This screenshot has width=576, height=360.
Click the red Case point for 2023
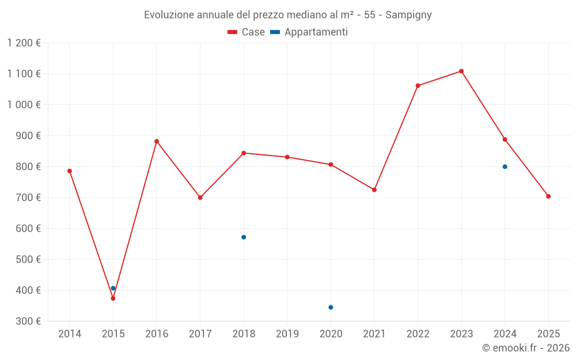click(461, 71)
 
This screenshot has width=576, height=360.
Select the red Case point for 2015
click(113, 298)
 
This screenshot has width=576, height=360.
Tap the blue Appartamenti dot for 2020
click(331, 308)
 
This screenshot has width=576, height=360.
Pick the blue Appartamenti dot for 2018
click(244, 237)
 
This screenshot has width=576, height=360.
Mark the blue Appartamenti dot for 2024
click(505, 166)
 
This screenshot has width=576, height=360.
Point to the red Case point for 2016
click(157, 141)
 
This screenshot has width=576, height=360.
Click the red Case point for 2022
click(418, 86)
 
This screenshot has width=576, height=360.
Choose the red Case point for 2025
click(548, 196)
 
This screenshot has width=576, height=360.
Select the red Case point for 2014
click(70, 171)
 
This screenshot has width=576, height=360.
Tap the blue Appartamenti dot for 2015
click(113, 288)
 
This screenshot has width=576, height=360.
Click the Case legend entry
click(247, 32)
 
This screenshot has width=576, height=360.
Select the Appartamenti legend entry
click(309, 32)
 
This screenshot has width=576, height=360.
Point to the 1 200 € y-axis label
click(24, 43)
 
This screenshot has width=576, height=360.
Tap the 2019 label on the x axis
click(287, 334)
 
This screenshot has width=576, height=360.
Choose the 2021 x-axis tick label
click(374, 334)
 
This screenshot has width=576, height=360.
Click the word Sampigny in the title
click(408, 14)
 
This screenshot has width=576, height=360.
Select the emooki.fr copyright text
click(526, 348)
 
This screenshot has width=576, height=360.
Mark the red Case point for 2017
click(200, 198)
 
